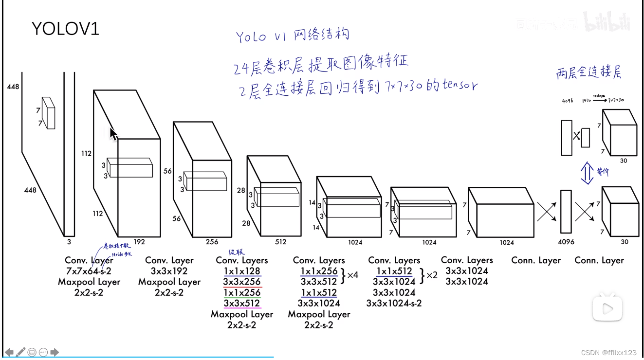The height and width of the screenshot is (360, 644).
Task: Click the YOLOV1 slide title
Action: tap(65, 29)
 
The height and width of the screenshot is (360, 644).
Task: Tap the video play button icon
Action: tap(607, 308)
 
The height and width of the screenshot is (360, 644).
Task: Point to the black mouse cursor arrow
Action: tap(113, 134)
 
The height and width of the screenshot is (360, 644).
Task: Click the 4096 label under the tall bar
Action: tap(566, 242)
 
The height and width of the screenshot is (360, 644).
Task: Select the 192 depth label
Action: tap(139, 241)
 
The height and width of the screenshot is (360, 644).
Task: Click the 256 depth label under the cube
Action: tap(212, 242)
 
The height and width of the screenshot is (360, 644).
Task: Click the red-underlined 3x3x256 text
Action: tap(242, 282)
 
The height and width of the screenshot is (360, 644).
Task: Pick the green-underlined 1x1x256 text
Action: tap(242, 292)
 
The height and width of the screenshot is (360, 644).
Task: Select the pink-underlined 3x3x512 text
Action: tap(242, 303)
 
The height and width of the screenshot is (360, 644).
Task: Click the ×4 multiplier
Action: tap(352, 275)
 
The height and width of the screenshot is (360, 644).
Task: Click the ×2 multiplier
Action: tap(431, 275)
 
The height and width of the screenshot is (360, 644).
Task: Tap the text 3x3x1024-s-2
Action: tap(394, 303)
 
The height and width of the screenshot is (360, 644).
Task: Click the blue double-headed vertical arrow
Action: tap(587, 173)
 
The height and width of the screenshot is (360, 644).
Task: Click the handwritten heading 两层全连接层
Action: tap(589, 73)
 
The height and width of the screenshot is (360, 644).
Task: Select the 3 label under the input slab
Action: tap(69, 241)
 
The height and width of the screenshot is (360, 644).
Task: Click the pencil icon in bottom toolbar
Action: tap(20, 352)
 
